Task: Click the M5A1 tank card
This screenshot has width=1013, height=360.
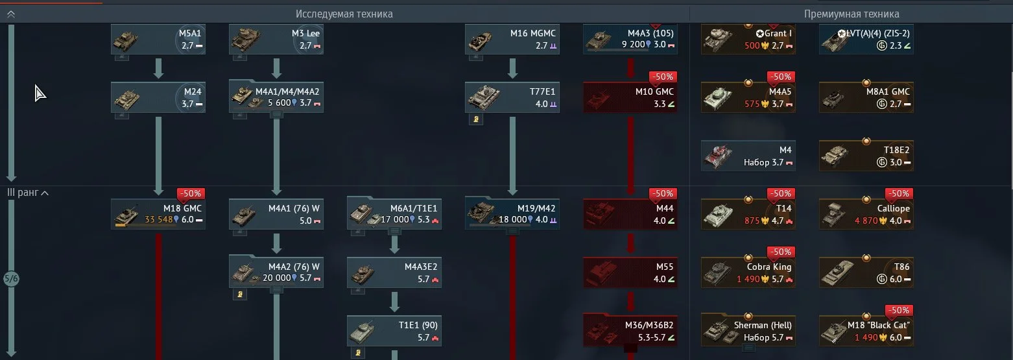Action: point(158,40)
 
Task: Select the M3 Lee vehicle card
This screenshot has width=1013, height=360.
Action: point(276,40)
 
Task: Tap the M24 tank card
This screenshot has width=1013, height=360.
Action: point(158,97)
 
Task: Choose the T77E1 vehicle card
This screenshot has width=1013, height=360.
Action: point(512,97)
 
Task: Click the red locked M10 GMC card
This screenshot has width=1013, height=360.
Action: point(630,97)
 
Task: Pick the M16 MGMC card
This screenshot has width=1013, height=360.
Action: point(512,40)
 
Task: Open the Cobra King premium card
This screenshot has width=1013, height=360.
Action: point(748,272)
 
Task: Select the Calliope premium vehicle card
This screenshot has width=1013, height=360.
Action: point(866,214)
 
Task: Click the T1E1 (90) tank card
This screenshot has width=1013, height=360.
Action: point(394,331)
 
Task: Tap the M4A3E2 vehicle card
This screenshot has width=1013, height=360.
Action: point(394,272)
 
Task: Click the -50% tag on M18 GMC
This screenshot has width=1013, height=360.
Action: point(191,193)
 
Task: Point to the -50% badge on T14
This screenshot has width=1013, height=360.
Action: point(781,193)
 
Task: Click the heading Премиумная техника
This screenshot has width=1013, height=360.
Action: point(852,14)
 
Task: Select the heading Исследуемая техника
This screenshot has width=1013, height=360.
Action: point(344,14)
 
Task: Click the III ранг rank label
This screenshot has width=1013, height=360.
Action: point(24,193)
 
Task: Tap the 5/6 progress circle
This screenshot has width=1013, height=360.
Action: point(11,279)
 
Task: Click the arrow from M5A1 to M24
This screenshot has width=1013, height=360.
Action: point(158,68)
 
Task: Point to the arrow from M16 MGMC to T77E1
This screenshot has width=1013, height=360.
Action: point(512,68)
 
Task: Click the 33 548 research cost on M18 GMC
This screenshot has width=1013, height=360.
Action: point(158,219)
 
